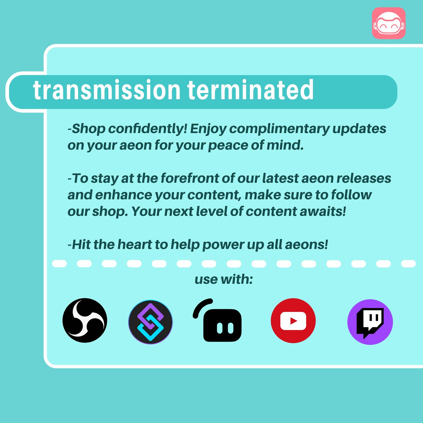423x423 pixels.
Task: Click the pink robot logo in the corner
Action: tap(389, 23)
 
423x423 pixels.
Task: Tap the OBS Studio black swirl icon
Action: tap(85, 320)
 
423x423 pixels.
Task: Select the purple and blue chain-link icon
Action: tap(151, 322)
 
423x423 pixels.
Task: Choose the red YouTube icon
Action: tap(293, 321)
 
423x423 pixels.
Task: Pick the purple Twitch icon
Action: tap(370, 322)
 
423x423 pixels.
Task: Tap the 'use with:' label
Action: tap(224, 279)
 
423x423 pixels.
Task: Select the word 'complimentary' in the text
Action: tap(279, 129)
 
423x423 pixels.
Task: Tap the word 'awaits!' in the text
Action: tap(323, 211)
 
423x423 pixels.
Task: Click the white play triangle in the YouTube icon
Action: tap(293, 321)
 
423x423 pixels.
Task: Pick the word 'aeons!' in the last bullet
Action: tap(306, 244)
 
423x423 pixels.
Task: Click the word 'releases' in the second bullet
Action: tap(364, 178)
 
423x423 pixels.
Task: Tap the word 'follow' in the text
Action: tap(351, 195)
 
